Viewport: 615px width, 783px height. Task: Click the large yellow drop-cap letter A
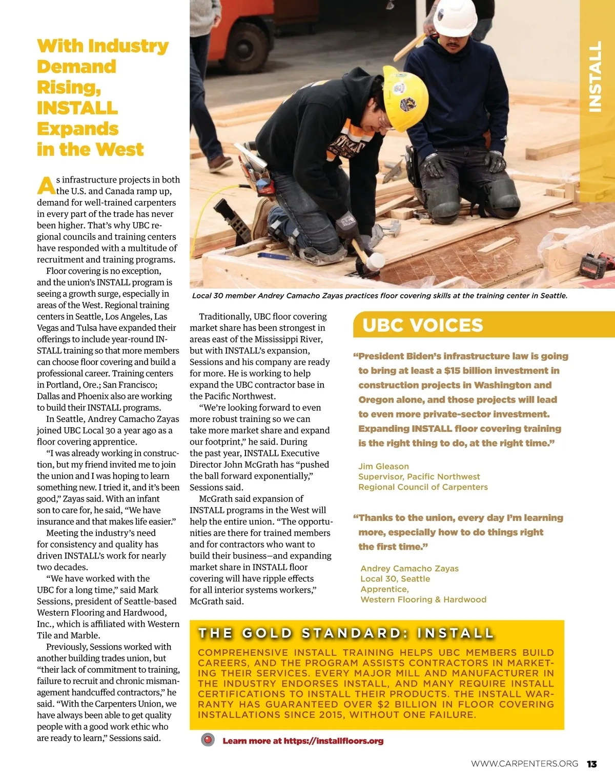[x=46, y=186]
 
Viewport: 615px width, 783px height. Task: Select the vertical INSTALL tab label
[x=595, y=76]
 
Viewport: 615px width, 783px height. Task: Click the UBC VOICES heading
[x=423, y=325]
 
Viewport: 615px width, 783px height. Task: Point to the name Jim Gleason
[x=383, y=466]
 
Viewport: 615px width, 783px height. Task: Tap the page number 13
[x=592, y=764]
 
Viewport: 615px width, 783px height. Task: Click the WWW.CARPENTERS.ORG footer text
[x=524, y=764]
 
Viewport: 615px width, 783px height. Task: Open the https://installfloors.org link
[x=333, y=740]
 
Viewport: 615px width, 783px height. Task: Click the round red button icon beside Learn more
[x=208, y=740]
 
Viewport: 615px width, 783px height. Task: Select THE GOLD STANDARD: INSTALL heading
[x=346, y=633]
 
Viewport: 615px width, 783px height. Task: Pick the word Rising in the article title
[x=68, y=88]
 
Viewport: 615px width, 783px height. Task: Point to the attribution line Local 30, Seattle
[x=395, y=578]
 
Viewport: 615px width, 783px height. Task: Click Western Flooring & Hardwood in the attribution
[x=423, y=599]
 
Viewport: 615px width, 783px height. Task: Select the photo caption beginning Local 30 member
[x=379, y=295]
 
